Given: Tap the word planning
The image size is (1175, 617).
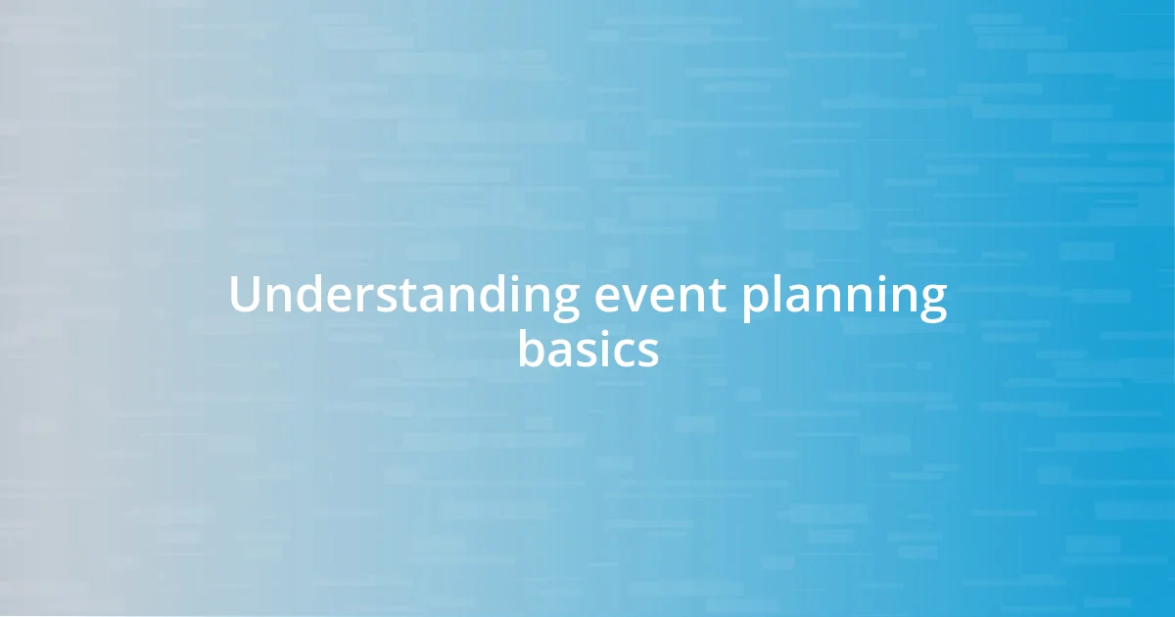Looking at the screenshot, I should (843, 298).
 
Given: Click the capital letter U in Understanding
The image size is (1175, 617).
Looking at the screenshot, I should (246, 296).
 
